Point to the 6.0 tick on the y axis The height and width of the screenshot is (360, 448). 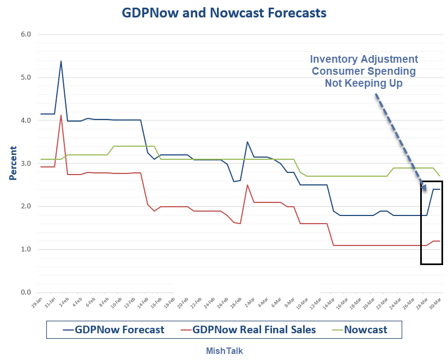point(26,34)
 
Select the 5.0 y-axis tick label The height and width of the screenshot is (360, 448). point(26,77)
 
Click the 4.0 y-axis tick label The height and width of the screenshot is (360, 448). point(26,121)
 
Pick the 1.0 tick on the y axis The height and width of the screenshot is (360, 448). point(26,249)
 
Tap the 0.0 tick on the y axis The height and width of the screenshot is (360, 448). point(26,292)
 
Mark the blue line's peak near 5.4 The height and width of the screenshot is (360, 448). point(60,61)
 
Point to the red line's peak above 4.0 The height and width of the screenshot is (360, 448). point(60,115)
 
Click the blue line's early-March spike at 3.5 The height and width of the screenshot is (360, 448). point(247,142)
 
